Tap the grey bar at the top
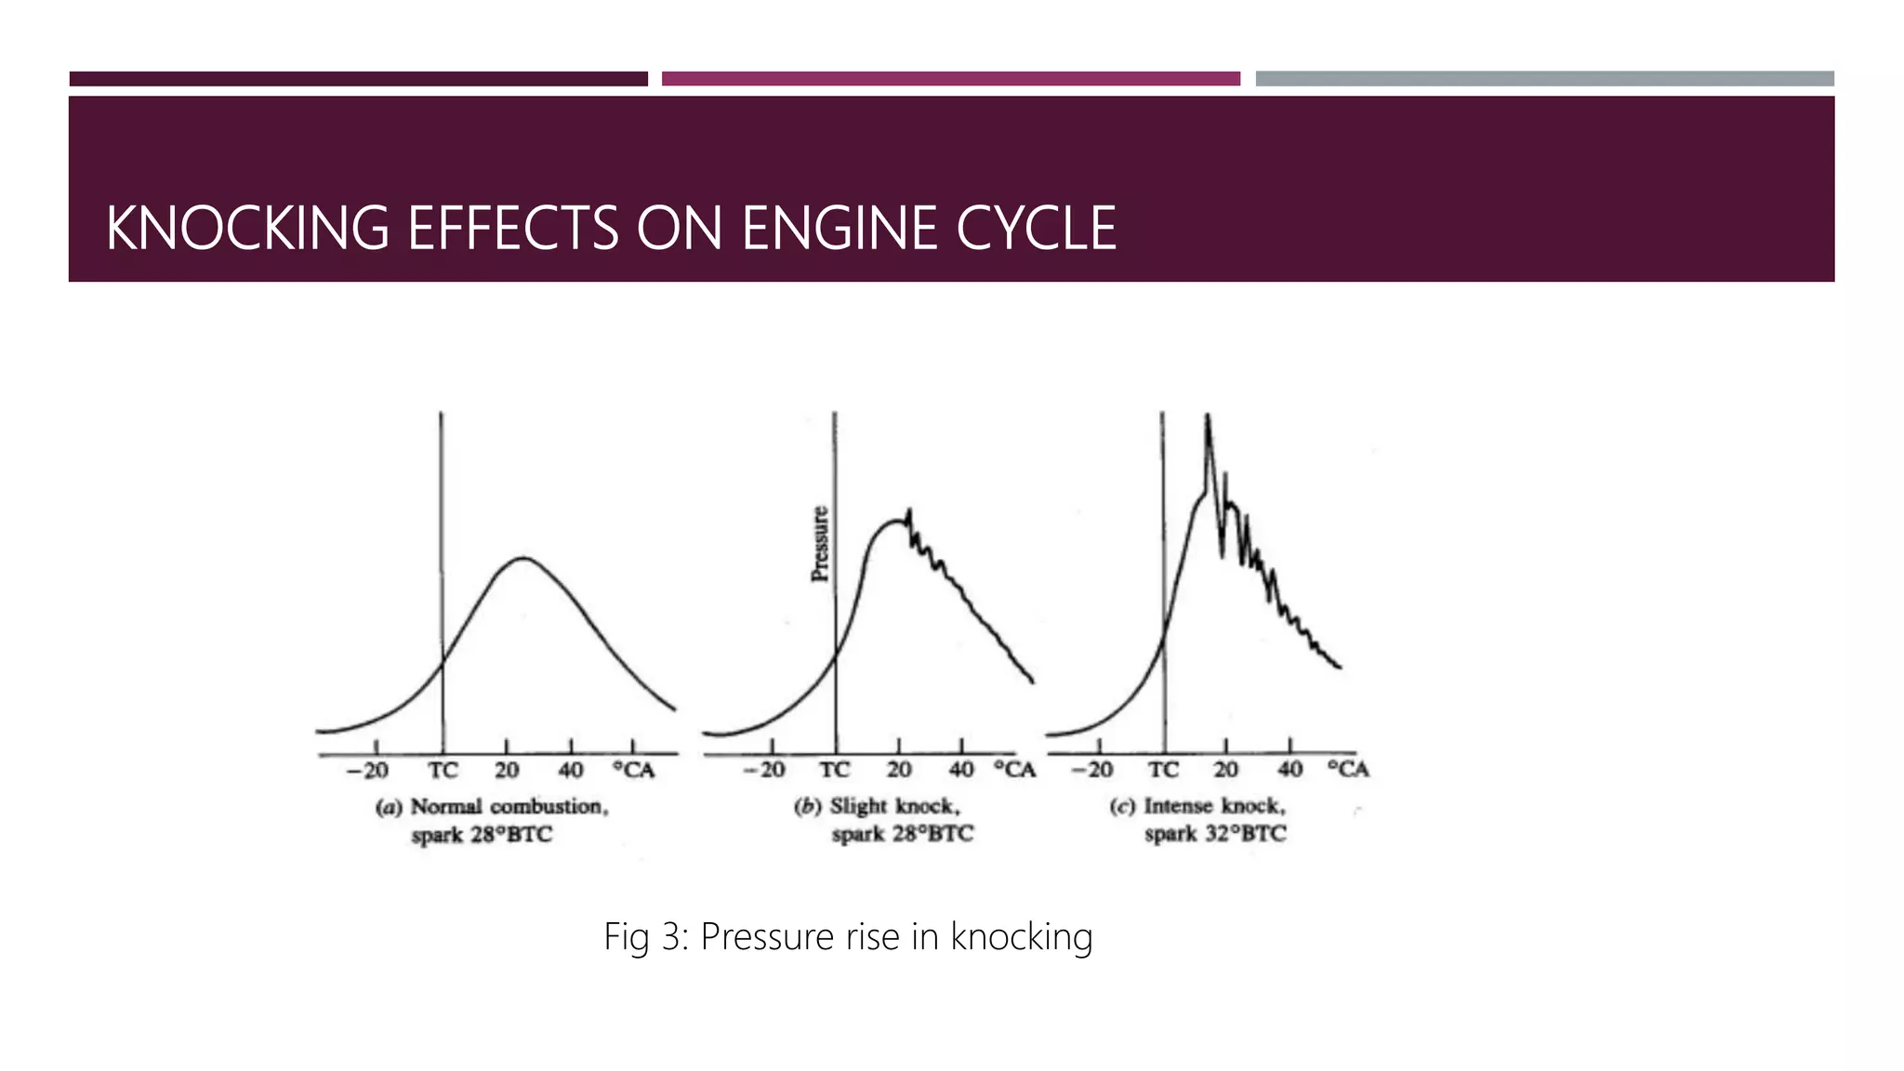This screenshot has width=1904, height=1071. (1544, 79)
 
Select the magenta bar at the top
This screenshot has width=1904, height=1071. (950, 79)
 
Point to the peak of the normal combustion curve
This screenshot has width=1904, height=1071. (523, 558)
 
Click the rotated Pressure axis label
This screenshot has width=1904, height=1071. (819, 544)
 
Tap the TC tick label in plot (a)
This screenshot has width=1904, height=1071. (443, 770)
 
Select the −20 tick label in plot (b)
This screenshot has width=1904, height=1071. (764, 770)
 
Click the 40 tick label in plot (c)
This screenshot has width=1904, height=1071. (1289, 769)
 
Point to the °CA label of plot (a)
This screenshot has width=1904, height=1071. (634, 770)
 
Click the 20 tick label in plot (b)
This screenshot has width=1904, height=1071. (898, 770)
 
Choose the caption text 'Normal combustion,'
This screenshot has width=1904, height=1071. (509, 807)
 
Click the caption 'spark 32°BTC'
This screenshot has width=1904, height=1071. (1215, 834)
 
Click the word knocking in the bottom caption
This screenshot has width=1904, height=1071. (1021, 937)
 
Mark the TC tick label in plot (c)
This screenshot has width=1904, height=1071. (1163, 770)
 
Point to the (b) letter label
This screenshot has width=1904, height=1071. (807, 807)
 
